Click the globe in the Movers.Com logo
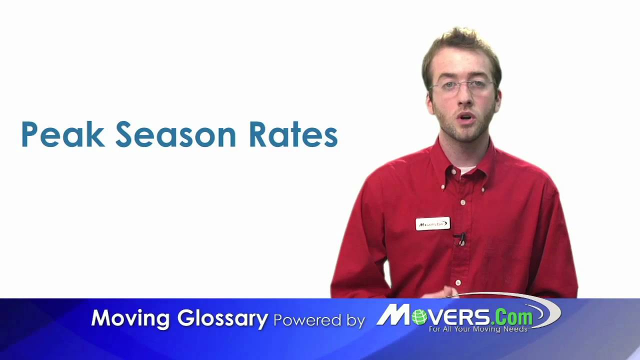[419, 316]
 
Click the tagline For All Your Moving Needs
[478, 329]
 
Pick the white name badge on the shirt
[432, 223]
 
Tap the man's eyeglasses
[462, 86]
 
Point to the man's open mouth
[465, 118]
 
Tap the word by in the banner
[354, 320]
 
